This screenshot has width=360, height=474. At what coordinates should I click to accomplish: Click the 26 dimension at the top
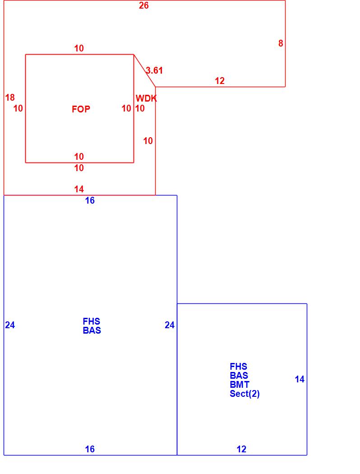click(143, 6)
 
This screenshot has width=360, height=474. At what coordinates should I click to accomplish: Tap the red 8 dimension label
click(281, 43)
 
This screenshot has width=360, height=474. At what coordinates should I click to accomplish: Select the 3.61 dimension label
click(154, 70)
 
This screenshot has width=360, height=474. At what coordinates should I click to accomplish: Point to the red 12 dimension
click(220, 81)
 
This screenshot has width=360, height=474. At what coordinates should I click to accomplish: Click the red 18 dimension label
click(10, 98)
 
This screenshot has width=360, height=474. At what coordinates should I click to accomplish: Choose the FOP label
click(81, 109)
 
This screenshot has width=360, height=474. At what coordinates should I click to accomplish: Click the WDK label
click(146, 98)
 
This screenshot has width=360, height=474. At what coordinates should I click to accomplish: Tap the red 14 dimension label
click(79, 189)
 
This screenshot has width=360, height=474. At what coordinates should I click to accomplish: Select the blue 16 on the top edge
click(90, 200)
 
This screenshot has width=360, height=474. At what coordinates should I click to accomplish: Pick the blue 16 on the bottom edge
click(90, 449)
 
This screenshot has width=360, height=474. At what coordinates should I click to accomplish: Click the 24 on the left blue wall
click(10, 325)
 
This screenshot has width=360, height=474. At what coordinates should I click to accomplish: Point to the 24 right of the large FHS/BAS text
click(170, 325)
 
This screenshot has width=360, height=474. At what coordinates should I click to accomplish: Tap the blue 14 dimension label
click(300, 379)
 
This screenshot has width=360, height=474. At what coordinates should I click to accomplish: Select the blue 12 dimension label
click(241, 449)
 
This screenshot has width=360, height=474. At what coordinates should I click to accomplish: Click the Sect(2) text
click(245, 394)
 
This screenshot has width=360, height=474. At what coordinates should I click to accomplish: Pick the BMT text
click(240, 385)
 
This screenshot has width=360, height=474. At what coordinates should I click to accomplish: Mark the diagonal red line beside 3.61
click(144, 70)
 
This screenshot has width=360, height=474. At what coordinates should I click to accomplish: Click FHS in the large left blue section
click(92, 321)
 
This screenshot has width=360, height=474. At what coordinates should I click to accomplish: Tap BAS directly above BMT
click(239, 376)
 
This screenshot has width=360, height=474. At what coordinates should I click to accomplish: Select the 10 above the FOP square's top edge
click(79, 48)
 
